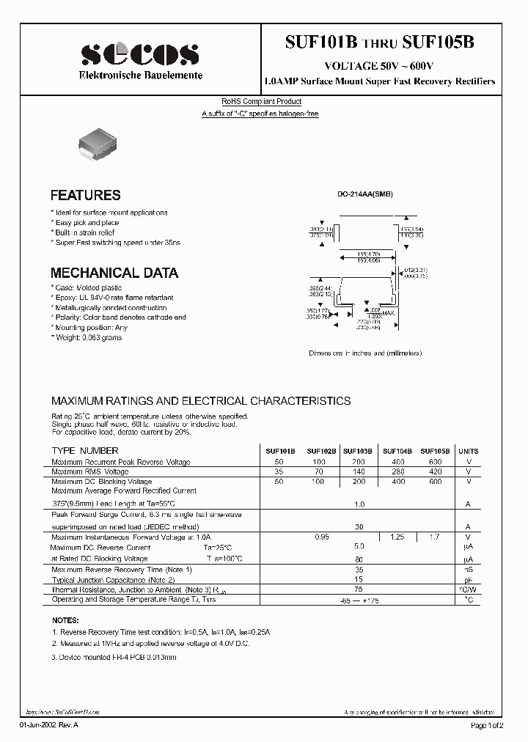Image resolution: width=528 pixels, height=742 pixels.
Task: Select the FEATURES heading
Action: [85, 196]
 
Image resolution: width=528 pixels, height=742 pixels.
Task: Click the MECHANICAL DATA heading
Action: [114, 273]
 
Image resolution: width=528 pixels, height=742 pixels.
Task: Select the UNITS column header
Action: [468, 451]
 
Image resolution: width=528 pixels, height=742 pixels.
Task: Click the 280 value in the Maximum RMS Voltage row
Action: [398, 472]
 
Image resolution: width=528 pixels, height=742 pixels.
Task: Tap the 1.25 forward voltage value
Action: [397, 537]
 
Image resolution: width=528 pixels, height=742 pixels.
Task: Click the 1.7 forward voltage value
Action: [435, 537]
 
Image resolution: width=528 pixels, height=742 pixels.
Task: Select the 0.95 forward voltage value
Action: [320, 537]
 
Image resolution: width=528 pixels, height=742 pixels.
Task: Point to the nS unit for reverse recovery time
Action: [468, 569]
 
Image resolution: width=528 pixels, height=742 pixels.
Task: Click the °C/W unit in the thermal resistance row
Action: [468, 589]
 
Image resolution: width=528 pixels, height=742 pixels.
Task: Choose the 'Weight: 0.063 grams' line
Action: [87, 337]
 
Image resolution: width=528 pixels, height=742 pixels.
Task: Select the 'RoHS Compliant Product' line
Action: [261, 102]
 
